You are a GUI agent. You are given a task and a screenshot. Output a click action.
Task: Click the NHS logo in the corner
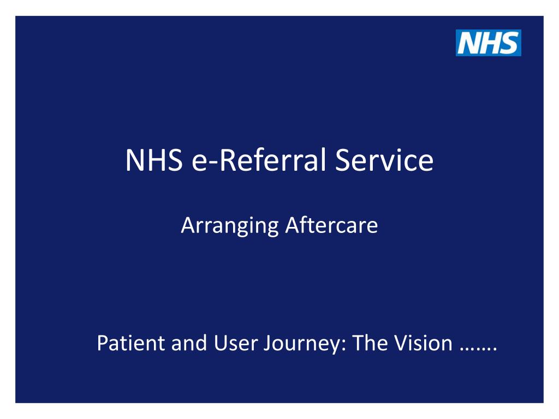coord(489,43)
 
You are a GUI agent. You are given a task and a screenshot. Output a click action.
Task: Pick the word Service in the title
coord(384,161)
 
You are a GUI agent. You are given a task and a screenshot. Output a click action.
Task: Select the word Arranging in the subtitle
coord(230,225)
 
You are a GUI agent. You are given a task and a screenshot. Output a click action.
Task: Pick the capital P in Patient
coord(102,343)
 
